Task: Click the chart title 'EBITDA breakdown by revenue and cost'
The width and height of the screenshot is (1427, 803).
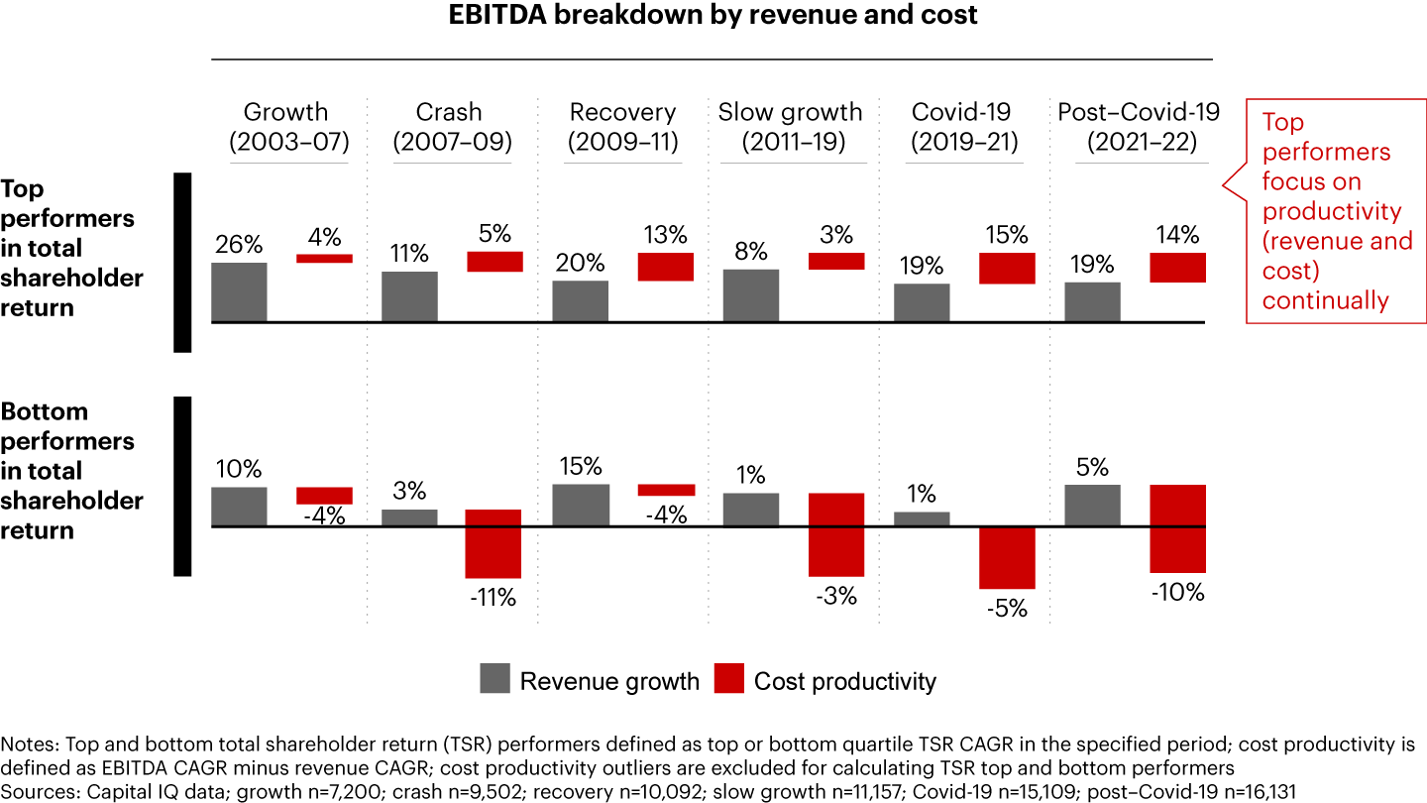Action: [x=713, y=16]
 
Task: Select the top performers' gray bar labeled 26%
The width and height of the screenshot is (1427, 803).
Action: [x=239, y=291]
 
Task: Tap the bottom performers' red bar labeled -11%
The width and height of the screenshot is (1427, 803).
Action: [x=493, y=543]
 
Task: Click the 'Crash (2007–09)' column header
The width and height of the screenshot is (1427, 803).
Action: [x=452, y=127]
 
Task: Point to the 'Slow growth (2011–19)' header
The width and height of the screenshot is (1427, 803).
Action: [x=790, y=127]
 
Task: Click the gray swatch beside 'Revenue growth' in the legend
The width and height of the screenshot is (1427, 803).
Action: [x=494, y=679]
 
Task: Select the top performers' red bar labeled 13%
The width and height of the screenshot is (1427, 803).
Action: [x=664, y=267]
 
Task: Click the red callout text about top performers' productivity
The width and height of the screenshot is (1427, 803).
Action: [x=1335, y=211]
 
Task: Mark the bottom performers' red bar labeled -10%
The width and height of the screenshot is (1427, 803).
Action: [x=1177, y=528]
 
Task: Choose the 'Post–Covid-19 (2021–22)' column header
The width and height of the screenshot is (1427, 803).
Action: [x=1139, y=127]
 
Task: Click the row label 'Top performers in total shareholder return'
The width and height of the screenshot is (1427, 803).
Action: [x=71, y=249]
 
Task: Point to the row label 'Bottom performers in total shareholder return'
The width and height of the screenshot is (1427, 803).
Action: [x=71, y=471]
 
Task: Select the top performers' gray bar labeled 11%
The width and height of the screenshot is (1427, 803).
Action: [x=409, y=296]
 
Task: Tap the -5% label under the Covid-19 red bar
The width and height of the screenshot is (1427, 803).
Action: [x=1006, y=608]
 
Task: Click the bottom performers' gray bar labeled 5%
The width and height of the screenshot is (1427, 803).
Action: [x=1092, y=506]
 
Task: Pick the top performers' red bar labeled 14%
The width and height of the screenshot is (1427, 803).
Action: [x=1177, y=268]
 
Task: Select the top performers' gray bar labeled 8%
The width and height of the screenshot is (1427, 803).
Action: [x=751, y=295]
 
